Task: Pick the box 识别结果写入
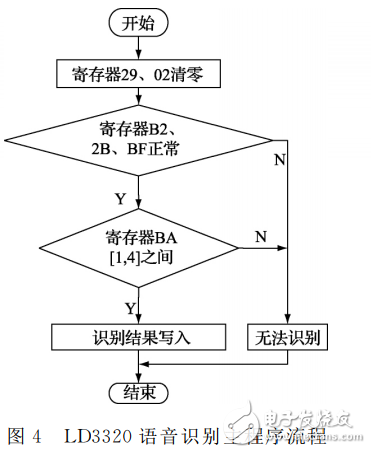coord(136,337)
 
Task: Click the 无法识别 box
coord(286,337)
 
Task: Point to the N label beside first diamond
coord(283,158)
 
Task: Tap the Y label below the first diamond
coord(121,199)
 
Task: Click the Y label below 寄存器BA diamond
coord(130,307)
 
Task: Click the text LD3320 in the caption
coord(95,436)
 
